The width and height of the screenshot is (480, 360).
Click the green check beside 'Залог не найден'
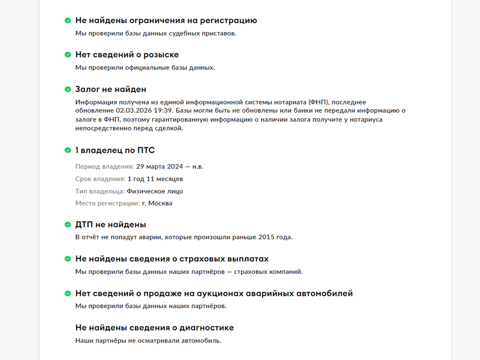[68, 89]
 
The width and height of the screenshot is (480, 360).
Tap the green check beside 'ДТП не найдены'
[68, 225]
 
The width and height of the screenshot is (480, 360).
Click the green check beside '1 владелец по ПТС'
[68, 150]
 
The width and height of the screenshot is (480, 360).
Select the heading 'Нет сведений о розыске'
[126, 54]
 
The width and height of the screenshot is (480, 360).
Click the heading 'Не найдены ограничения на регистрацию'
[166, 20]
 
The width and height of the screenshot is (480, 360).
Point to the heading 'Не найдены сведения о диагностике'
[154, 327]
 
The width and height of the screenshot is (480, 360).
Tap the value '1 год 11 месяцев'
[155, 179]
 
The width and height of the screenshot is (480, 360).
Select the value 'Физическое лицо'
[154, 191]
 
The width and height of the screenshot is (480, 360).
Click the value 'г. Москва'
[157, 203]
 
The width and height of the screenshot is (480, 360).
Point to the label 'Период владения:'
[104, 166]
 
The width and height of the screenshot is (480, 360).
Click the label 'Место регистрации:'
[107, 203]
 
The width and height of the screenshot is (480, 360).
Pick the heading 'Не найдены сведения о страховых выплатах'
[172, 259]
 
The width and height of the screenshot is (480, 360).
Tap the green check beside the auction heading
[68, 293]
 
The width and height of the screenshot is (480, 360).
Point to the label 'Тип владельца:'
[100, 191]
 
